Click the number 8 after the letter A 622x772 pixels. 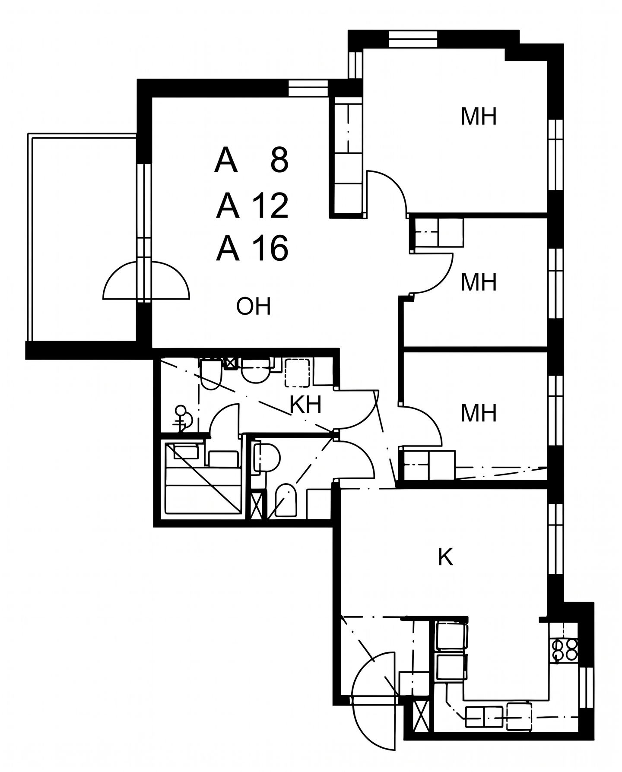click(x=279, y=160)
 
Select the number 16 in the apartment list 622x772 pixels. click(x=270, y=249)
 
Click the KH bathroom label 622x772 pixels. click(x=306, y=405)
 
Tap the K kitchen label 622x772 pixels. click(x=445, y=557)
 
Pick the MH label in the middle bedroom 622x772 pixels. click(x=479, y=282)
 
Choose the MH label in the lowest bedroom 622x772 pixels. click(x=479, y=413)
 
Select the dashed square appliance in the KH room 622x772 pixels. click(x=297, y=372)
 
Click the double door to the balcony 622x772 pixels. click(x=146, y=281)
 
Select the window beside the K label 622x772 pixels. click(x=555, y=544)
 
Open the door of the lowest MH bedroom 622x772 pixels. click(x=422, y=425)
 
